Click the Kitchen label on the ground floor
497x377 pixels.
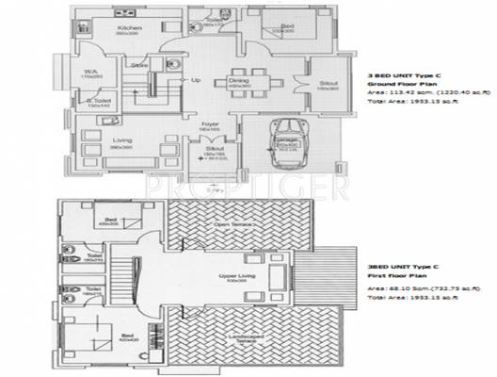click(x=129, y=28)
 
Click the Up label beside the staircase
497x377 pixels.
click(x=196, y=79)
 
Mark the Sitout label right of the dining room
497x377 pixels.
click(x=326, y=83)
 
